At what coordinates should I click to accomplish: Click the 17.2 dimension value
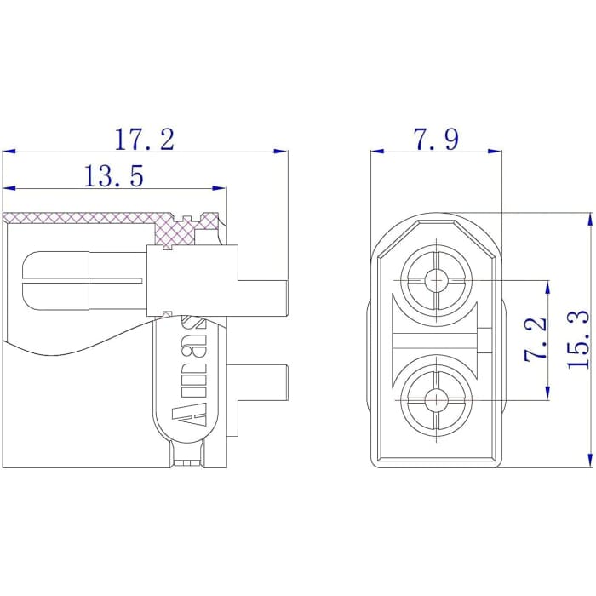[x=144, y=139]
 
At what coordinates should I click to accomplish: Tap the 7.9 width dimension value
[x=437, y=139]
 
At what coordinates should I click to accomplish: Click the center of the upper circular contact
[x=437, y=278]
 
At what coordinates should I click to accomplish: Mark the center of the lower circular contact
[x=437, y=399]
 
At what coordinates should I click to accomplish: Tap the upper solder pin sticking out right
[x=262, y=295]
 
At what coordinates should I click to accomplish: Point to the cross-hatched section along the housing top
[x=85, y=217]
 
